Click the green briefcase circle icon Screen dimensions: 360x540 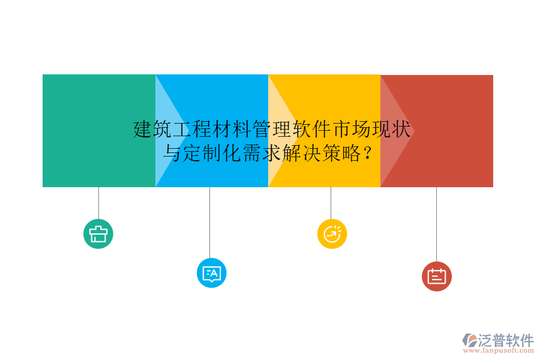click(x=98, y=234)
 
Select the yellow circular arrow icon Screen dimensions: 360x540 click(x=332, y=234)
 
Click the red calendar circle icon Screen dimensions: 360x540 click(x=436, y=277)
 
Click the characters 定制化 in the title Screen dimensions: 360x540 click(x=202, y=154)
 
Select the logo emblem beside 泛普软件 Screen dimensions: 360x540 click(x=469, y=340)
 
